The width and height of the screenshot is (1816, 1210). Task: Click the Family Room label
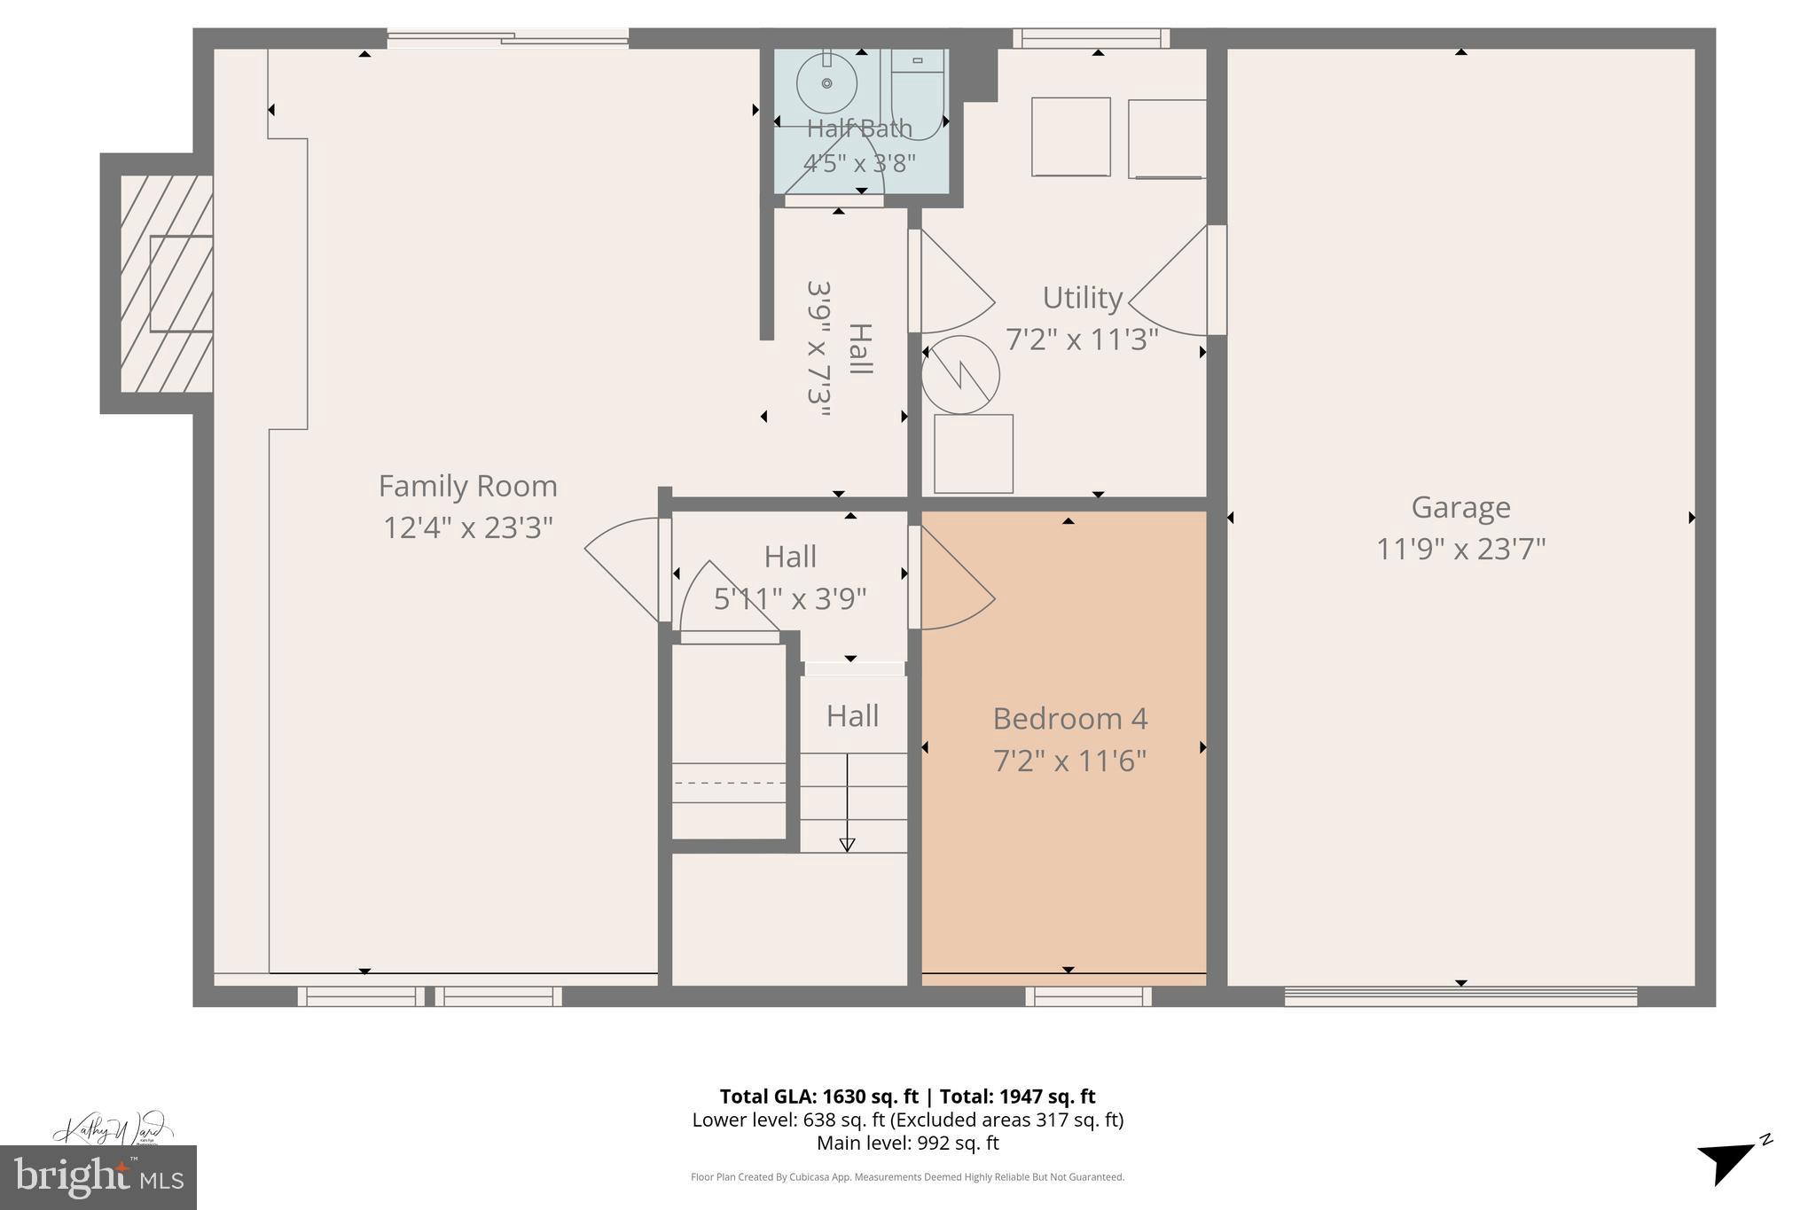click(x=467, y=486)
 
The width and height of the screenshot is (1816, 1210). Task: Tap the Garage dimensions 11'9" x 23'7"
click(x=1460, y=549)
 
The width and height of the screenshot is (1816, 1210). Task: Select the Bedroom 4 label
click(x=1069, y=718)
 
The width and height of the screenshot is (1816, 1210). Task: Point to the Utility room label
click(x=1082, y=298)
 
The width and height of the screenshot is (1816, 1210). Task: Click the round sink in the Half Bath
click(x=826, y=83)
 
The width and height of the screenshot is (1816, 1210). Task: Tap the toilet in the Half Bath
click(x=917, y=93)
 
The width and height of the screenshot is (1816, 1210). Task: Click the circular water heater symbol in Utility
click(x=960, y=375)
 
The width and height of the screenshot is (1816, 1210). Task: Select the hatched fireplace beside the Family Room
click(x=167, y=284)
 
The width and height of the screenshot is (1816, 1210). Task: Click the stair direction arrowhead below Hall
click(x=847, y=845)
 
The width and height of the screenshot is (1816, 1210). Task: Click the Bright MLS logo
click(x=98, y=1177)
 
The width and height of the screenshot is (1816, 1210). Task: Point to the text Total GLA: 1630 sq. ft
click(x=818, y=1097)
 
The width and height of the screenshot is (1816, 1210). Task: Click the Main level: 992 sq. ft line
click(x=907, y=1144)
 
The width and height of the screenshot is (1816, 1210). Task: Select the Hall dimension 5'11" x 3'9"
click(x=789, y=599)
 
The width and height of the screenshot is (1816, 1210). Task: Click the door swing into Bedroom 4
click(x=956, y=578)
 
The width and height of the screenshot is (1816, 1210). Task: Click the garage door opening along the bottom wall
click(x=1460, y=996)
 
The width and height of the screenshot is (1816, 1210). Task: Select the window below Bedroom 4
click(x=1088, y=996)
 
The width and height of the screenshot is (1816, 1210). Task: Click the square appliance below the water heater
click(x=973, y=454)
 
